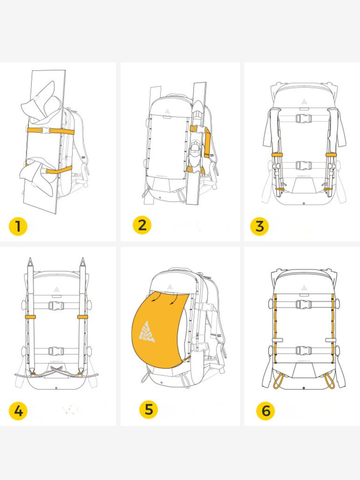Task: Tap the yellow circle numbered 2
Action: pos(141,225)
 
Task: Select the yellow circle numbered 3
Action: pos(260,225)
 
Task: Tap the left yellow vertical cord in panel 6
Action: pos(275,330)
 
